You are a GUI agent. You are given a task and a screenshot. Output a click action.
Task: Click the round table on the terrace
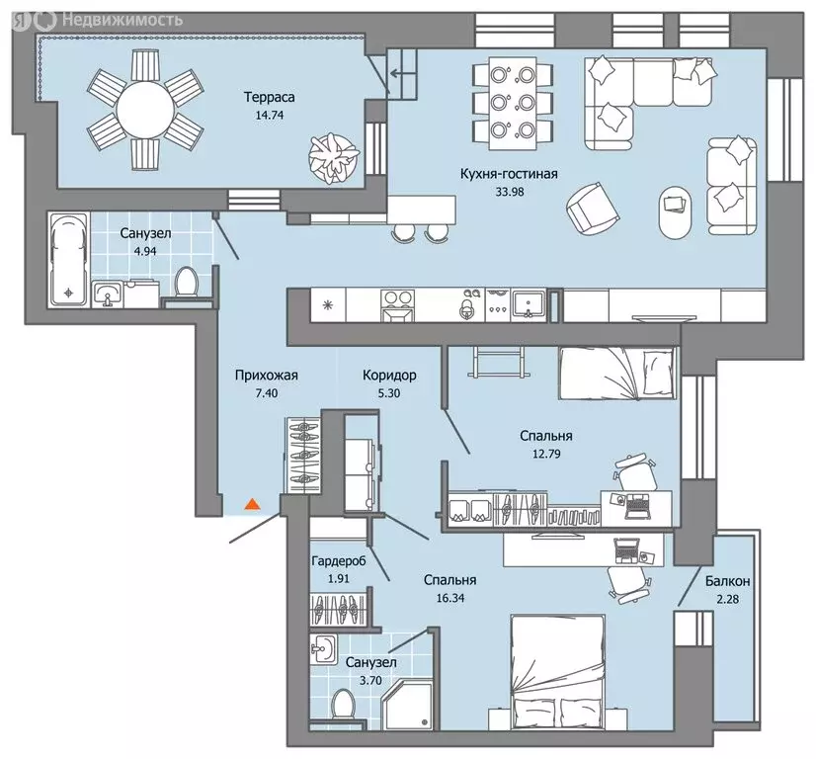click(145, 110)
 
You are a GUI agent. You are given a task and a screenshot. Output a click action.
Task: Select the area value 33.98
click(510, 192)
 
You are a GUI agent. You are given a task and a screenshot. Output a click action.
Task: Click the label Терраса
click(270, 98)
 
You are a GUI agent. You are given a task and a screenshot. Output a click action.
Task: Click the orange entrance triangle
click(252, 504)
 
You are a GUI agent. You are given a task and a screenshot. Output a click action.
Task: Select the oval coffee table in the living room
click(676, 212)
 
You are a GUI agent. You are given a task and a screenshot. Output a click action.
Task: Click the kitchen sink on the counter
click(529, 304)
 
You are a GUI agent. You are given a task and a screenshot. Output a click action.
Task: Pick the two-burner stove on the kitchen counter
click(398, 304)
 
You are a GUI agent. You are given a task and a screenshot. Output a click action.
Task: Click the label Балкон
click(727, 581)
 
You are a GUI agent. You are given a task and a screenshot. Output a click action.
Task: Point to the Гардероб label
click(339, 560)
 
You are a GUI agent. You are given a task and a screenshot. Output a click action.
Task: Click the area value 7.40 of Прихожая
click(267, 393)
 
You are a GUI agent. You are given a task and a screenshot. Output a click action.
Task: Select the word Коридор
click(389, 376)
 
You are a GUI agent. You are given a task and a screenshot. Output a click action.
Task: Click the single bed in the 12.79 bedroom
click(618, 375)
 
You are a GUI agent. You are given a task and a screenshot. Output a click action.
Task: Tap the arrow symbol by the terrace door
click(398, 73)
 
